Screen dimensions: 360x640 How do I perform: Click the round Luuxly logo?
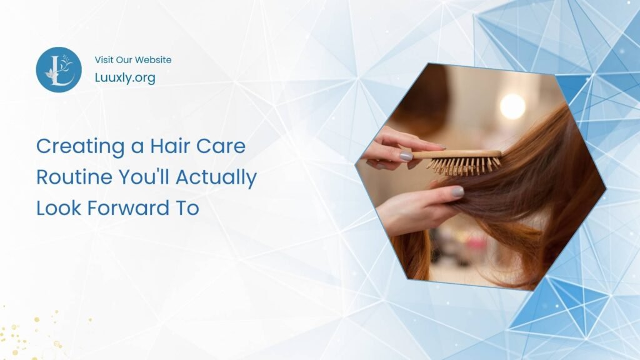[59, 69]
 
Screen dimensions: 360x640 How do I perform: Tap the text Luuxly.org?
[125, 77]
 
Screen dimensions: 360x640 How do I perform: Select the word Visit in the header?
[104, 60]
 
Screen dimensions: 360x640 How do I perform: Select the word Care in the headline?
[223, 146]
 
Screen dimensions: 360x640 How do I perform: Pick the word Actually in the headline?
[216, 177]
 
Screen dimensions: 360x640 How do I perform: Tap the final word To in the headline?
[187, 208]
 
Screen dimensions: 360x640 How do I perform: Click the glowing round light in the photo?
[512, 106]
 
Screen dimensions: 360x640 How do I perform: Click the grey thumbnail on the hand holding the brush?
[406, 156]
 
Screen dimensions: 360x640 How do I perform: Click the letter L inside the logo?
[57, 71]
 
